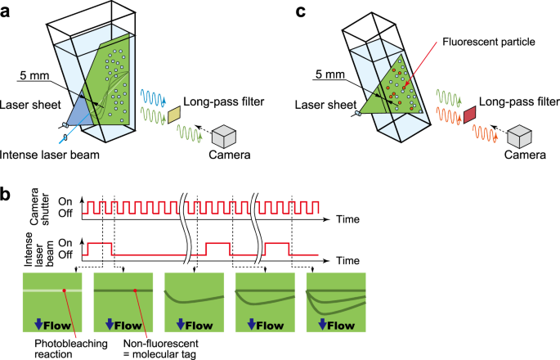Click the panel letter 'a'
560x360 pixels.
click(8, 11)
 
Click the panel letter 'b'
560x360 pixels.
click(8, 196)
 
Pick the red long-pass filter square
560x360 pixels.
click(470, 115)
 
